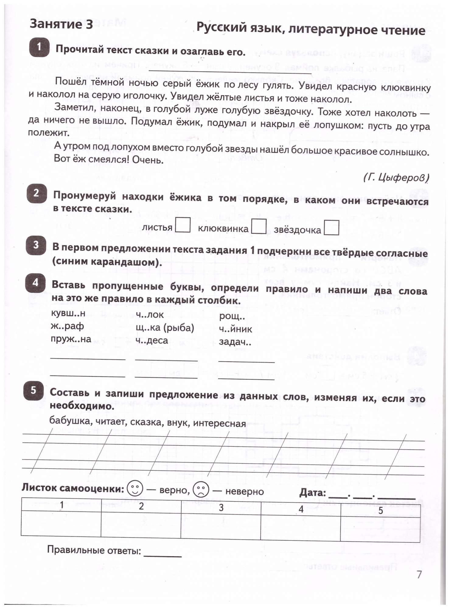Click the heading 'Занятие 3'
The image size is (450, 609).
coord(61,24)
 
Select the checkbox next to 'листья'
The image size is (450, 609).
coord(183,225)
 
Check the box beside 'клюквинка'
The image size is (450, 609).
coord(259,227)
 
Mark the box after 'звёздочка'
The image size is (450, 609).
coord(331,228)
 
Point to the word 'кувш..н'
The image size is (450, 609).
coord(68,313)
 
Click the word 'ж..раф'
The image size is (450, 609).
coord(67,326)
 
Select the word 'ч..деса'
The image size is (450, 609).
coord(152,340)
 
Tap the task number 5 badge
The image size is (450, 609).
coord(33,391)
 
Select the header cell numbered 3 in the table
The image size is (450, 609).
coord(221,508)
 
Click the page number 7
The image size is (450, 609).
coord(419,574)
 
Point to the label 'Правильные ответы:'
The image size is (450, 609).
coord(94,551)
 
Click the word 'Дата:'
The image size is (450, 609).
coord(313,492)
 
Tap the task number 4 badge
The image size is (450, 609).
coord(35,283)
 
